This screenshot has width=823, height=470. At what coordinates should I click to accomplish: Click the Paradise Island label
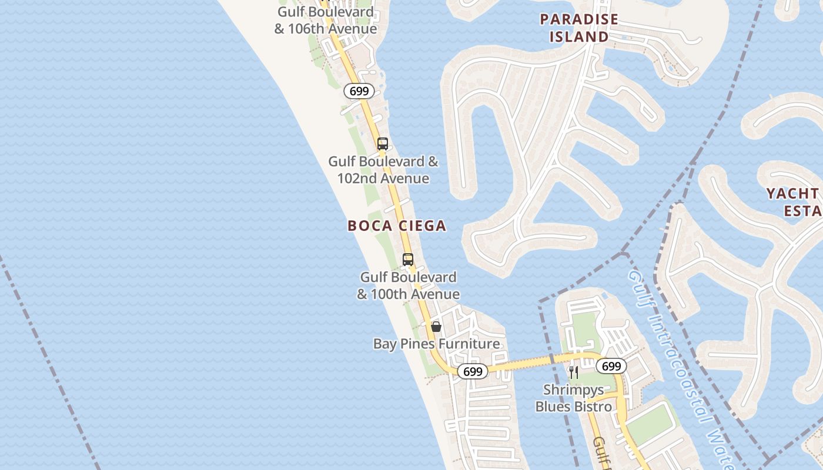tap(579, 28)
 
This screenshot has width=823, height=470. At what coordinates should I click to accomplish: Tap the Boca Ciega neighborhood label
tap(397, 226)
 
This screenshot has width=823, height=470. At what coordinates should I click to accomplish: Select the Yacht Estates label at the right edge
tap(794, 202)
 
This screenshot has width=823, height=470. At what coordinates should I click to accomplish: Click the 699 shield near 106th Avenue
tap(359, 91)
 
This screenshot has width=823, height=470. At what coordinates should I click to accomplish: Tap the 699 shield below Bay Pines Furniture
tap(473, 372)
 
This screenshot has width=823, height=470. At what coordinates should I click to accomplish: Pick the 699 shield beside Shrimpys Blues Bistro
tap(611, 366)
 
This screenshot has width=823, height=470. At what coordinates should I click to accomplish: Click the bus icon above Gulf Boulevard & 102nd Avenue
tap(382, 143)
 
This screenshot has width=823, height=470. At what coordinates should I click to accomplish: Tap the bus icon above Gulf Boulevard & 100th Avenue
tap(407, 259)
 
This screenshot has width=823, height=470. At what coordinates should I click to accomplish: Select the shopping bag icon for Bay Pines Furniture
tap(436, 327)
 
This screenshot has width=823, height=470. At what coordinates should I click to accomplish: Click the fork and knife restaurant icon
tap(574, 372)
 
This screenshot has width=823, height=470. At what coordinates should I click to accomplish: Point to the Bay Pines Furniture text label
tap(437, 344)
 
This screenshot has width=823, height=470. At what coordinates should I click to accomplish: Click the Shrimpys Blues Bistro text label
tap(573, 398)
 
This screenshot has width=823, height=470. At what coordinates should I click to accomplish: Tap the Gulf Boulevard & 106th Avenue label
tap(326, 20)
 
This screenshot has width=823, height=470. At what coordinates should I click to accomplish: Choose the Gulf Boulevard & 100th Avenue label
tap(409, 285)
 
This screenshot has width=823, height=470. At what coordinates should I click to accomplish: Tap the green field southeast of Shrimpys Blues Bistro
tap(650, 423)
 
